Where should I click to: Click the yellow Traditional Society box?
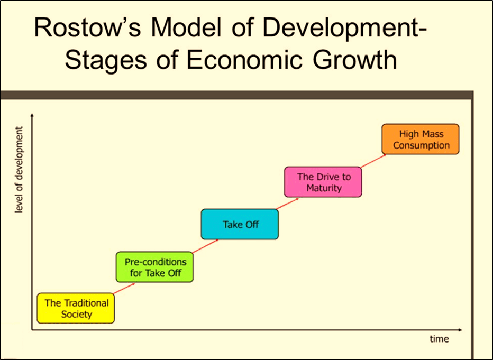76,308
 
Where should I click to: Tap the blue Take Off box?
240,224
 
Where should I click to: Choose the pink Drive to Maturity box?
323,182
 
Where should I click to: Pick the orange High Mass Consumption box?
421,139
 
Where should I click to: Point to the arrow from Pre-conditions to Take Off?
206,246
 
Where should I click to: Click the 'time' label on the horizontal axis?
439,339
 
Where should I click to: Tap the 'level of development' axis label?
20,170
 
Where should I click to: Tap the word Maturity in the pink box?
323,188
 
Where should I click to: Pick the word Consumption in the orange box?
421,145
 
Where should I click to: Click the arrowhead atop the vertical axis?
33,115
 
